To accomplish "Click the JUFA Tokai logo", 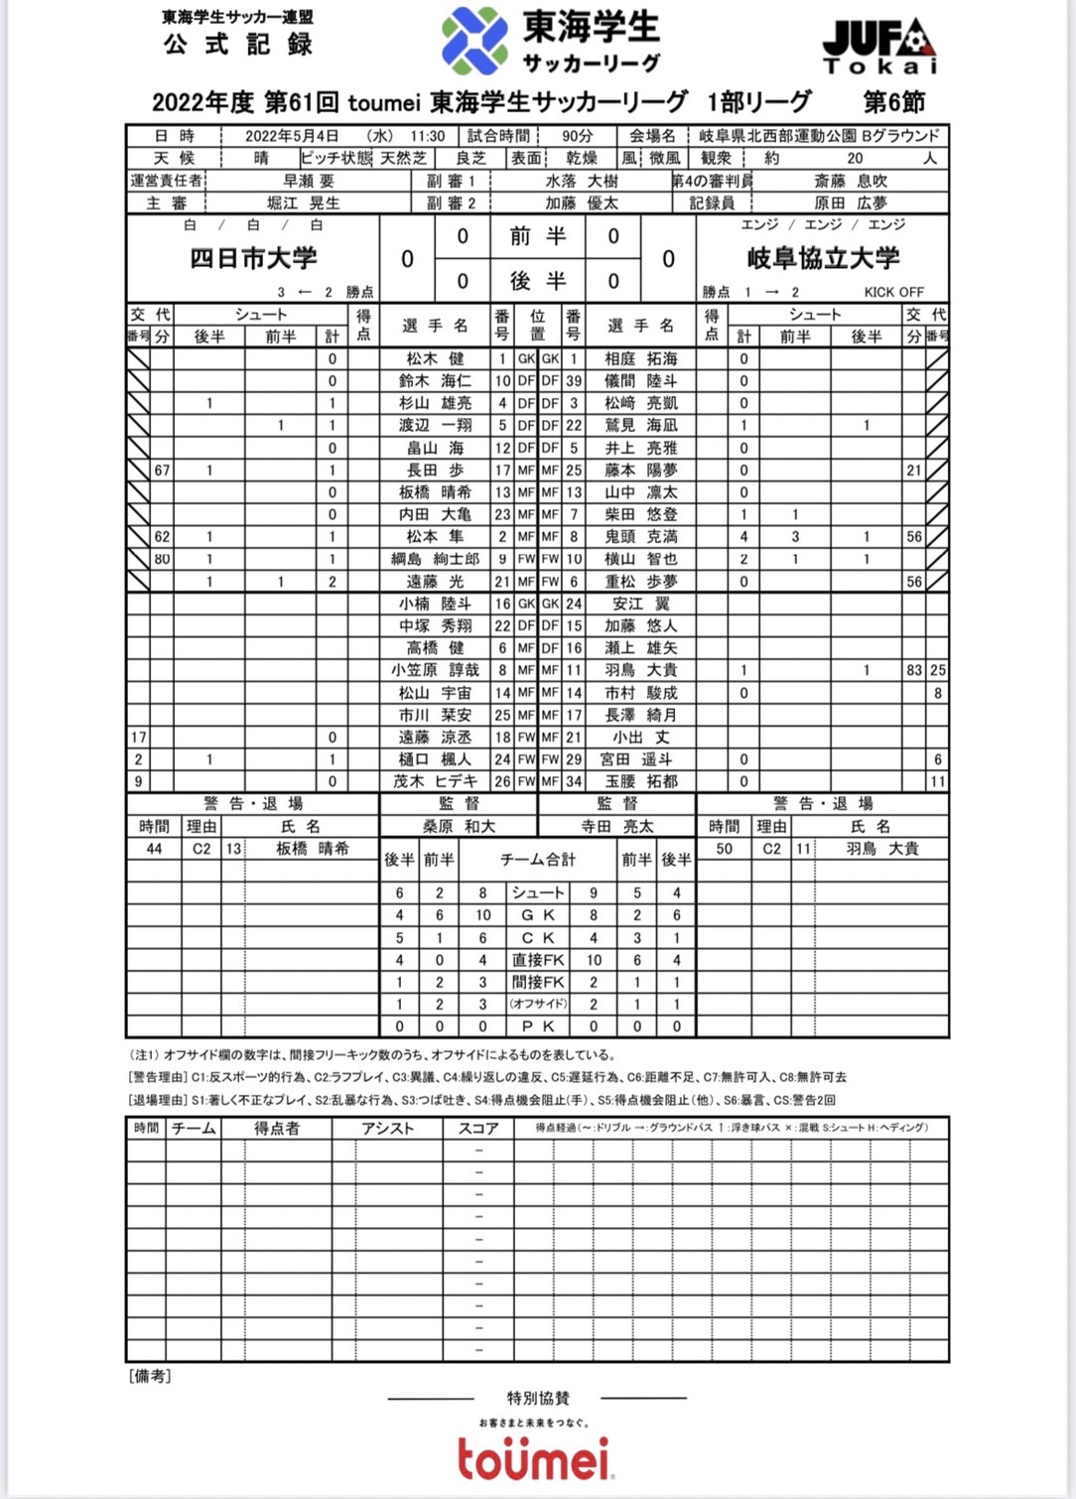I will (879, 47).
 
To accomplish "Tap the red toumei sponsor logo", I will (535, 1456).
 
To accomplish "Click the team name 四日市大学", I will (253, 258).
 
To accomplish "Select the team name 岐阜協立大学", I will (823, 258).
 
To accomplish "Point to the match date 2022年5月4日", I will (292, 136).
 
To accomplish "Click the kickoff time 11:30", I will (428, 136).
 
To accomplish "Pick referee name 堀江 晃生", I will (304, 203).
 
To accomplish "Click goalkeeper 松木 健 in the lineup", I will (435, 358).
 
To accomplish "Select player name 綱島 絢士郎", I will (435, 559).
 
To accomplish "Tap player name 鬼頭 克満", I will (641, 536).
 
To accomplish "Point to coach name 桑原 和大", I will (459, 826).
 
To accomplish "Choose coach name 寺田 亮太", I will (617, 826).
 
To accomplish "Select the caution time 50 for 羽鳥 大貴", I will (724, 849).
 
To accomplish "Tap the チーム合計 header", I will (537, 860).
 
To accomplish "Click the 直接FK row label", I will (538, 960).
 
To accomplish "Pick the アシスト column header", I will (387, 1128).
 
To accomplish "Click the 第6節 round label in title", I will (893, 101).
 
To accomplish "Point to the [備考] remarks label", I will (150, 1376).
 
